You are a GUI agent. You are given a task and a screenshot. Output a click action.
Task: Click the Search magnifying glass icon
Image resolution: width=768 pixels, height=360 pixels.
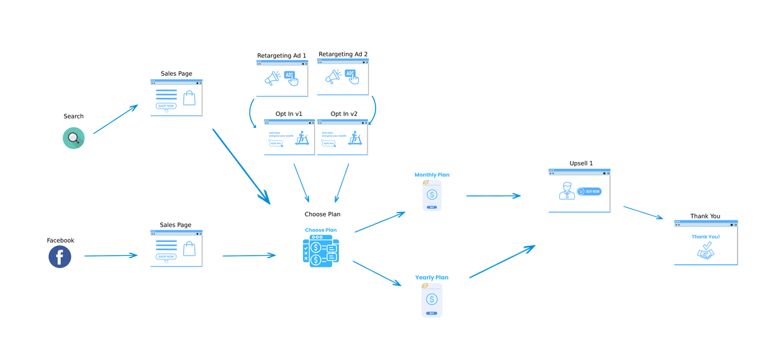tap(73, 138)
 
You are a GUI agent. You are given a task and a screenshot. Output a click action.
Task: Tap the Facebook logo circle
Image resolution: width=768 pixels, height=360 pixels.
tap(60, 256)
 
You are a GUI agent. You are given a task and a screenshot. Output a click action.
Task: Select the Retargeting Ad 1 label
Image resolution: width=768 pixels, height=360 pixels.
tap(281, 56)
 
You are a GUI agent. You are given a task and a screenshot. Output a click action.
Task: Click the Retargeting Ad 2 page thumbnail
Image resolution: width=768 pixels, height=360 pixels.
tap(343, 78)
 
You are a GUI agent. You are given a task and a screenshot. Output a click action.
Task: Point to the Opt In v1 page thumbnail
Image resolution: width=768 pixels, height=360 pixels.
tap(289, 137)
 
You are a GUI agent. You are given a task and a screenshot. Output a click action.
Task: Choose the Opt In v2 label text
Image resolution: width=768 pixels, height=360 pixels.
tap(344, 114)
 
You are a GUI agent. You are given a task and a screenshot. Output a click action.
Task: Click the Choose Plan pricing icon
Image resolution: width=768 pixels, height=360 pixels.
tap(320, 251)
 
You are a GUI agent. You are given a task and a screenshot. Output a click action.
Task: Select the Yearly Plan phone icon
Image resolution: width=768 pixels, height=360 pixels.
tap(432, 300)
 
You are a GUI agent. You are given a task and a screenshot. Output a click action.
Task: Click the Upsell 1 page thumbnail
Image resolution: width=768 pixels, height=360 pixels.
tap(579, 191)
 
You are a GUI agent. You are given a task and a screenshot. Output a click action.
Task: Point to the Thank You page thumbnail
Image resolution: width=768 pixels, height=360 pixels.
tap(706, 243)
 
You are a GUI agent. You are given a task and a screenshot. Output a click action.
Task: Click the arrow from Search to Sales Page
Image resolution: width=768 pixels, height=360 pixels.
tap(115, 119)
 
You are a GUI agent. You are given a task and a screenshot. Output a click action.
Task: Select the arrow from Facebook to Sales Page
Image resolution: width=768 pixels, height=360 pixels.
tap(111, 255)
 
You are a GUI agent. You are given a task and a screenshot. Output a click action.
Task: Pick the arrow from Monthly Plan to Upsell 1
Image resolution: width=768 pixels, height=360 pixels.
tap(493, 196)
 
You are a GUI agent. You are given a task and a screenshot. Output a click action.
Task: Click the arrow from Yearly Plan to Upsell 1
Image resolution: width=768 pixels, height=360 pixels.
tap(502, 261)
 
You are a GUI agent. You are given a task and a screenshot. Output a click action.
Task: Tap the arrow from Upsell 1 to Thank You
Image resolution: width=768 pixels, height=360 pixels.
tap(643, 212)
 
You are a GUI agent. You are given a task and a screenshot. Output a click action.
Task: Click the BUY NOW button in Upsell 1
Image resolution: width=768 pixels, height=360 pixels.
tap(589, 191)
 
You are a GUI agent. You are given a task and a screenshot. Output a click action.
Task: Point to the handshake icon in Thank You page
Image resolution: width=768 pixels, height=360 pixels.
tap(705, 251)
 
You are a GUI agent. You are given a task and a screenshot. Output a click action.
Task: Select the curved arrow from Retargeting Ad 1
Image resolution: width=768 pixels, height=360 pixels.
tap(251, 113)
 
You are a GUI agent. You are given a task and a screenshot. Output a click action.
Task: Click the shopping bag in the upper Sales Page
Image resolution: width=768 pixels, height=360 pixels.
tap(189, 97)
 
